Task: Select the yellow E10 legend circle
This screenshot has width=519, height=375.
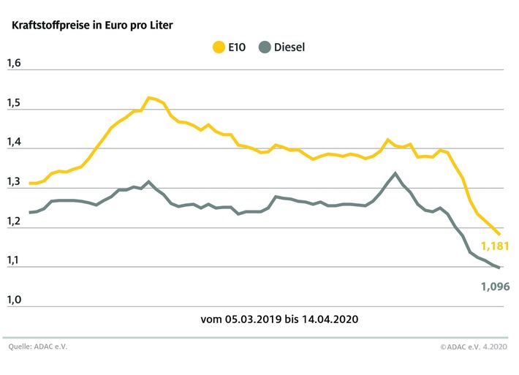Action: pos(219,48)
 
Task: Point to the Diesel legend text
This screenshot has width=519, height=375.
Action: pos(289,48)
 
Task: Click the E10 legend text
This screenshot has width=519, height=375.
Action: pos(237,48)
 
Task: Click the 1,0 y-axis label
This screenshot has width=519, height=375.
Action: pos(14,299)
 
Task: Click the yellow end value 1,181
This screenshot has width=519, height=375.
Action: pos(494,246)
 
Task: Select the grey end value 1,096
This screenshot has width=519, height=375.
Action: pos(494,286)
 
